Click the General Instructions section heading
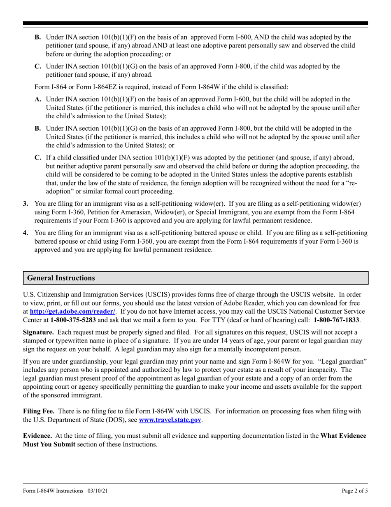[61, 278]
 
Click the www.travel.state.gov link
[170, 420]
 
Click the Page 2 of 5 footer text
[355, 491]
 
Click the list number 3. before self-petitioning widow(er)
[26, 204]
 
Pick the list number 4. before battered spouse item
[26, 233]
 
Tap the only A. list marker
[38, 99]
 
